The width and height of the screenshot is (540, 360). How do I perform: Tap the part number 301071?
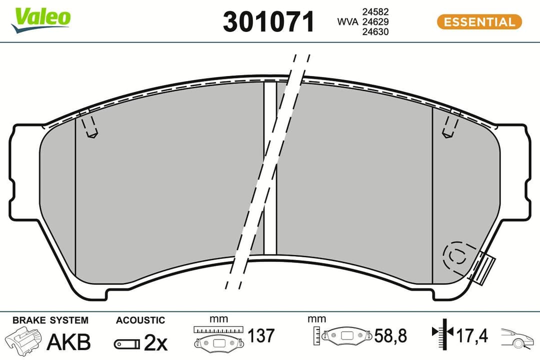tap(269, 22)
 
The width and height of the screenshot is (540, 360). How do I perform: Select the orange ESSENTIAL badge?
tap(479, 22)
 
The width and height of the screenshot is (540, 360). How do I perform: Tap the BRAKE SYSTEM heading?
tap(50, 320)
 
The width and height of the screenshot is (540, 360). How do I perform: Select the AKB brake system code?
tap(68, 342)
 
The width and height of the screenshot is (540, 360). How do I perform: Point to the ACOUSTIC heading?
tap(140, 320)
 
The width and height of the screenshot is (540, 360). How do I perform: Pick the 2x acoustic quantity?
tap(155, 342)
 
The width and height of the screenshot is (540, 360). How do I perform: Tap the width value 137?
tap(260, 335)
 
